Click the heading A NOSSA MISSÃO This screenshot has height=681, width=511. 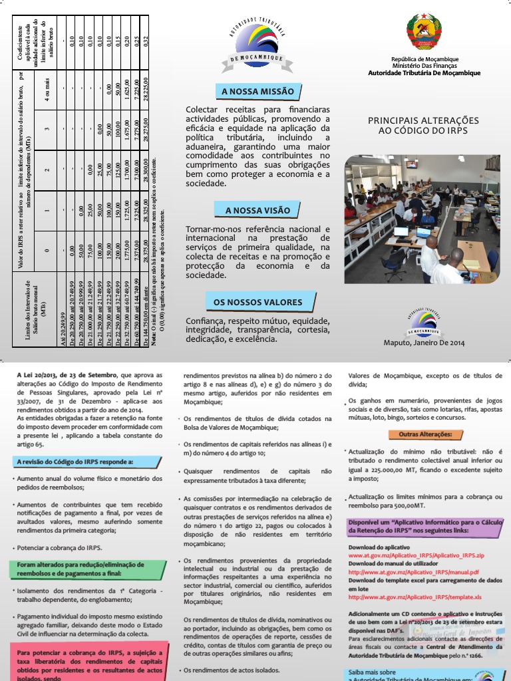257,92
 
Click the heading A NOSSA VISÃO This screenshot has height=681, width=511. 257,211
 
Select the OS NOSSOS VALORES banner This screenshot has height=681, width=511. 257,303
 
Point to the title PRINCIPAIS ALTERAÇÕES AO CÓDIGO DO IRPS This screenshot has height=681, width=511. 423,126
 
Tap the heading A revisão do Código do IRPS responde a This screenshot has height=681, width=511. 75,461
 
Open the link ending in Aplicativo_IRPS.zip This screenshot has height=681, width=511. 417,554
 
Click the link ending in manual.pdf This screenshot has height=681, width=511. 413,572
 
